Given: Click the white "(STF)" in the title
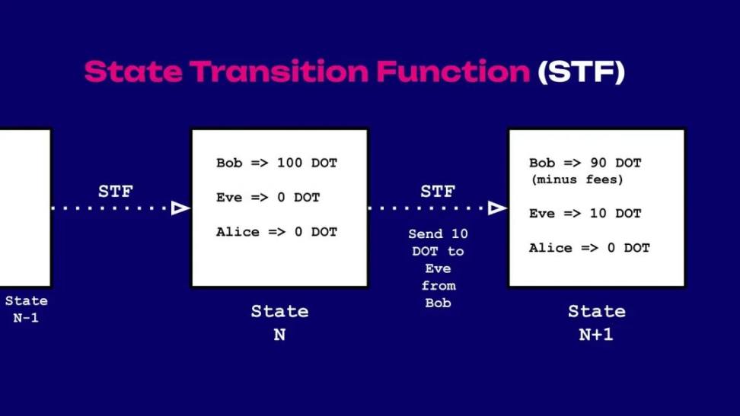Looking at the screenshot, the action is click(x=582, y=71).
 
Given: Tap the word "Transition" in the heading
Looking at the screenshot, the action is click(x=279, y=71).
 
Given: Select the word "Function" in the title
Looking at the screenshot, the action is click(x=453, y=71).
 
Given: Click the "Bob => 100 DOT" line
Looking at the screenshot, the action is click(x=276, y=163).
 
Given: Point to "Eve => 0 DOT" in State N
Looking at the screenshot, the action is click(x=268, y=197).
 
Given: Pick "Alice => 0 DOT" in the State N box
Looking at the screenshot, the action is click(x=276, y=232).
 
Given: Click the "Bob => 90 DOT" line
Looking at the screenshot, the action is click(x=585, y=163).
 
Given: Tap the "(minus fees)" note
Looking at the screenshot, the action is click(x=577, y=179).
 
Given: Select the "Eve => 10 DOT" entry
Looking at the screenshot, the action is click(x=585, y=213).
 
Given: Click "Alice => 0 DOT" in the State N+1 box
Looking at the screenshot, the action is click(x=589, y=248).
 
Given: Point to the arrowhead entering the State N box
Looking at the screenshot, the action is click(x=180, y=208).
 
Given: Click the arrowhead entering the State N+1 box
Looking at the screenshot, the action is click(x=497, y=208).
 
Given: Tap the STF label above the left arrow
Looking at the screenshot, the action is click(x=116, y=192).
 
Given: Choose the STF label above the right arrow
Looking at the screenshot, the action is click(x=438, y=192).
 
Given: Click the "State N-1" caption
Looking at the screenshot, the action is click(x=27, y=310).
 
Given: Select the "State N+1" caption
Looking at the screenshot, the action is click(x=597, y=322).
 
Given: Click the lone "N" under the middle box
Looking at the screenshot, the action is click(x=279, y=335).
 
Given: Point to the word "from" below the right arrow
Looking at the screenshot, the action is click(x=439, y=286).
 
